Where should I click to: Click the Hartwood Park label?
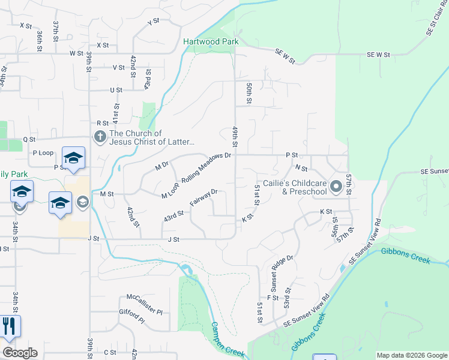coord(211,41)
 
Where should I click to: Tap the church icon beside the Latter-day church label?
coord(100,137)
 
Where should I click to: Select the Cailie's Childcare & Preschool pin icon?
coord(336,187)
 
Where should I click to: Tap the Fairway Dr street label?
coord(203,198)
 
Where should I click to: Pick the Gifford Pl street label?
coord(132,316)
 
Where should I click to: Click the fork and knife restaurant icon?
coord(10,326)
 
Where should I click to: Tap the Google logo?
coord(20,353)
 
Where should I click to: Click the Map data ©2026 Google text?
coord(412,355)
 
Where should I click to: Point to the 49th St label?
coord(235,137)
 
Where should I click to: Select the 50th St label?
coord(248,93)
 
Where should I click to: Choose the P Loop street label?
coord(43,153)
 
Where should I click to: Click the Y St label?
coord(154,22)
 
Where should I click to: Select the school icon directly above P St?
coord(73,158)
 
